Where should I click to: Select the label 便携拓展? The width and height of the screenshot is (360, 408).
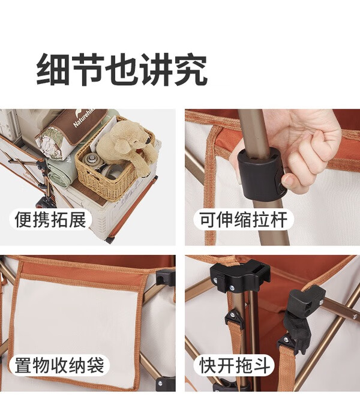pyautogui.click(x=50, y=220)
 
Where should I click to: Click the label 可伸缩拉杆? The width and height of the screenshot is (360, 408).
pyautogui.click(x=243, y=220)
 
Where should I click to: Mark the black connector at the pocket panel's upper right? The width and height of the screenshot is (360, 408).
pyautogui.click(x=164, y=277)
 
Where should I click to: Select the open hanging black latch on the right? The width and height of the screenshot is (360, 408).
pyautogui.click(x=302, y=312)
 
